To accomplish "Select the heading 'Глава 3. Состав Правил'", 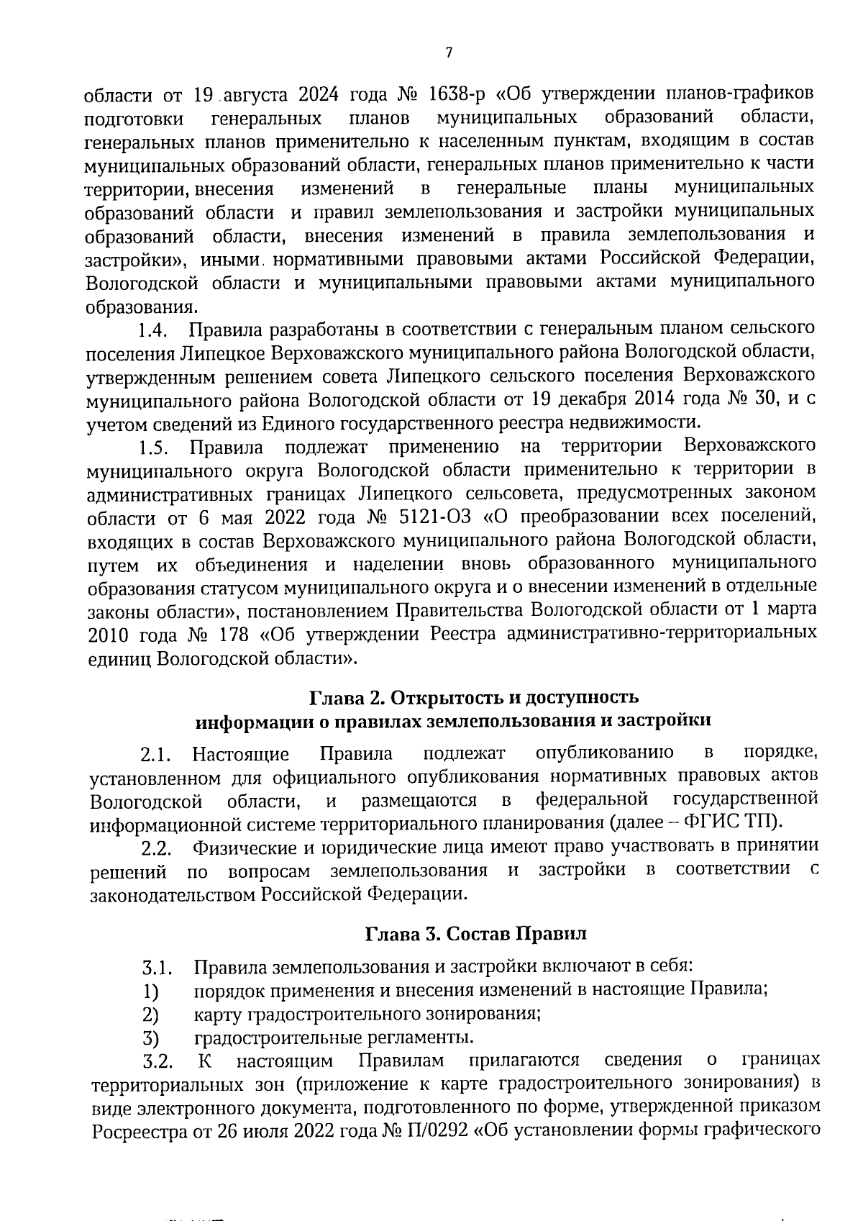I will pos(476,934).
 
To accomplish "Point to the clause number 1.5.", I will pos(153,448).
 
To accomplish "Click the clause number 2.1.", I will pos(155,755).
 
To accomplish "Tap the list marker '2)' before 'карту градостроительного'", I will pos(150,1015).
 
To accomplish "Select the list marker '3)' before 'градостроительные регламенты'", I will pos(150,1038).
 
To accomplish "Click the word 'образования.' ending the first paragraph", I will pos(141,307).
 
